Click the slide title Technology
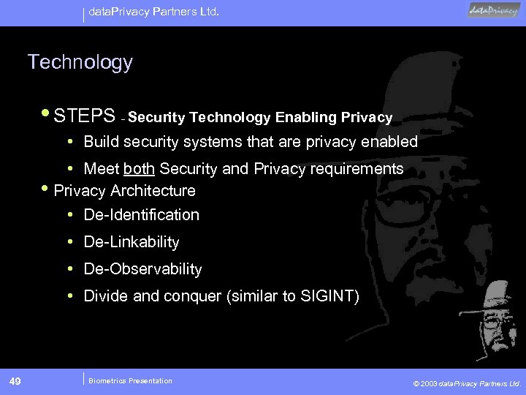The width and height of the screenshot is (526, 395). click(x=80, y=63)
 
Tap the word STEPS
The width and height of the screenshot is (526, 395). click(x=84, y=116)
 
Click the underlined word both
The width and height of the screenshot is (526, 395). click(x=139, y=169)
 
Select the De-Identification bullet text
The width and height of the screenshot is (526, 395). click(x=141, y=214)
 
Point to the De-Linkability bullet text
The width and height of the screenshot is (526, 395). click(x=131, y=241)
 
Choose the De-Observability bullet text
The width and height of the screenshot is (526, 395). click(x=142, y=268)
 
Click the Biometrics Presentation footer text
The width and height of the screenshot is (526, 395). click(x=130, y=380)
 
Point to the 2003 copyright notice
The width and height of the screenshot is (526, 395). click(x=467, y=383)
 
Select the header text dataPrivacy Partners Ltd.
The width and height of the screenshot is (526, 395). click(x=148, y=12)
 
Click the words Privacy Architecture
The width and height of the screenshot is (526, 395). click(x=125, y=190)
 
